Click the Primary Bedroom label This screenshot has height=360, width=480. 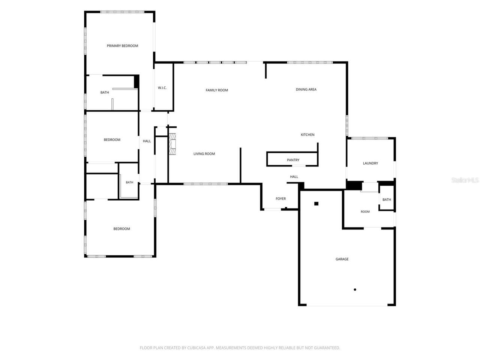[x=122, y=46]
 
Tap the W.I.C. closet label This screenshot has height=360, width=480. [x=162, y=88]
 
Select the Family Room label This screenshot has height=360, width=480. [x=217, y=90]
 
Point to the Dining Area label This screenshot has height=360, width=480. [x=306, y=89]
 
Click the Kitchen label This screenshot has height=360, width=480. [x=307, y=135]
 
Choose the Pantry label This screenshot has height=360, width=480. [x=293, y=160]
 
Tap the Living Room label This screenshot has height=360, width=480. [x=204, y=154]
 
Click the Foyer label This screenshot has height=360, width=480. [x=280, y=198]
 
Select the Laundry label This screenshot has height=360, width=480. [x=370, y=163]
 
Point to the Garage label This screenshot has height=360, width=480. [x=342, y=259]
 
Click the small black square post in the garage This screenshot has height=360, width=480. [x=316, y=204]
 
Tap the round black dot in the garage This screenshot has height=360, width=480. [x=355, y=289]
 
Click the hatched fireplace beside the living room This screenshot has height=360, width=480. [x=172, y=144]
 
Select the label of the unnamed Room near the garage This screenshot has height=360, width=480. [x=365, y=211]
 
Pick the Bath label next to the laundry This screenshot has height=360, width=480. [x=387, y=199]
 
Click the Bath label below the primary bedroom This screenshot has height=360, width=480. [x=105, y=93]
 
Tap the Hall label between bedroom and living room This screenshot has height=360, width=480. [x=147, y=141]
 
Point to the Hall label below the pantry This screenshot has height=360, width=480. [x=294, y=177]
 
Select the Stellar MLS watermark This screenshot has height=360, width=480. [x=465, y=180]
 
